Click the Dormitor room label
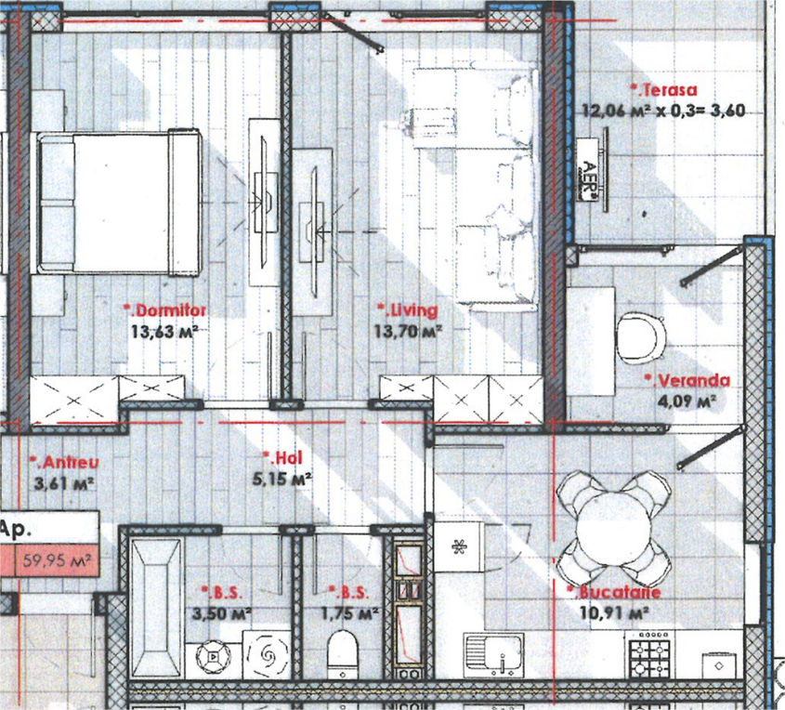coord(164,310)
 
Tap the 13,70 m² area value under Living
coord(408,331)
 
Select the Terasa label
coord(664,90)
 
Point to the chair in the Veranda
coord(640,337)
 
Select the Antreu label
coord(64,462)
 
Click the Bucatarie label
coord(614,592)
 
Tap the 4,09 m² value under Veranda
coord(687,401)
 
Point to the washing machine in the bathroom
coord(267,654)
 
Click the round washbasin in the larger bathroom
coord(214,656)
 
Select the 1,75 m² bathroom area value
coord(349,613)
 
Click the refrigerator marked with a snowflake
coord(459,546)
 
